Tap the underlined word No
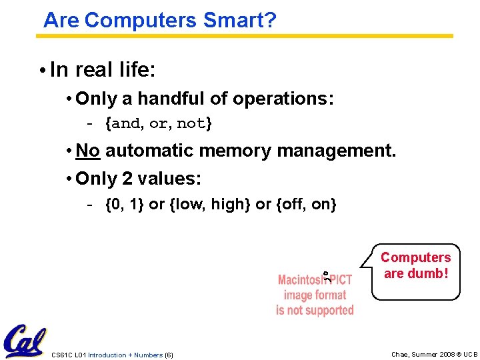point(87,151)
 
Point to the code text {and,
point(125,124)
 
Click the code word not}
point(195,124)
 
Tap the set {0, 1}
point(125,205)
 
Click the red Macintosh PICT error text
point(315,295)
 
